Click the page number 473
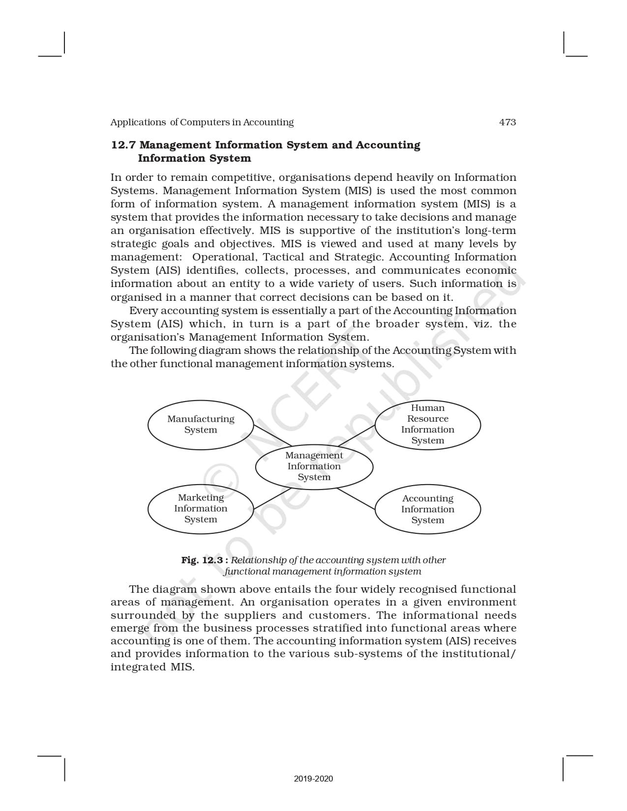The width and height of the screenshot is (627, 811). pos(507,122)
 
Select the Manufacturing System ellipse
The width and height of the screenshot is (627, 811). pos(201,424)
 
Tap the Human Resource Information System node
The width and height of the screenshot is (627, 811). pos(427,424)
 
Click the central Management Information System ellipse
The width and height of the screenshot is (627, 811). pos(314,466)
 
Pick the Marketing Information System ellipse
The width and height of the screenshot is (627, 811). pos(201,509)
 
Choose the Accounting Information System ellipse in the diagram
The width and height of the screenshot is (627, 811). pos(427,509)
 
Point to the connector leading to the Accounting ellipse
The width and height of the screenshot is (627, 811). pos(356,498)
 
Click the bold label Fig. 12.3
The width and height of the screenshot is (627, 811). pos(202,560)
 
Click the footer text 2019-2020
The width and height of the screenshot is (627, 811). pos(313,779)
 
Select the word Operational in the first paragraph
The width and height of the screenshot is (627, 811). pos(224,257)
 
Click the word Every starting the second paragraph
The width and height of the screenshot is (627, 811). pos(143,311)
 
